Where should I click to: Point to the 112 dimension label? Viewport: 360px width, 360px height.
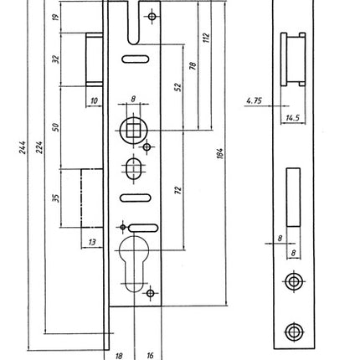pyautogui.click(x=206, y=40)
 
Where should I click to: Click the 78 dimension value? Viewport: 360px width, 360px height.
pyautogui.click(x=193, y=65)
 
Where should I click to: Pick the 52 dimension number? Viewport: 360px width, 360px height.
pyautogui.click(x=178, y=86)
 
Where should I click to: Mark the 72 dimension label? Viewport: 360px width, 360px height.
pyautogui.click(x=177, y=190)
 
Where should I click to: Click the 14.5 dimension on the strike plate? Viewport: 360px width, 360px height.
pyautogui.click(x=292, y=119)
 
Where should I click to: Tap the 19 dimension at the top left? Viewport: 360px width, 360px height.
pyautogui.click(x=55, y=17)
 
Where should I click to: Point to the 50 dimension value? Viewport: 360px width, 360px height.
pyautogui.click(x=55, y=126)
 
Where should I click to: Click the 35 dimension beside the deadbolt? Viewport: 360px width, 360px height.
pyautogui.click(x=55, y=198)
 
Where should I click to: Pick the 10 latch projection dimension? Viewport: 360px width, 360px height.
pyautogui.click(x=93, y=100)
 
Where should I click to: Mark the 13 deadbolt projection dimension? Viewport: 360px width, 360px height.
pyautogui.click(x=91, y=242)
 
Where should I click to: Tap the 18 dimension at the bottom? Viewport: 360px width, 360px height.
pyautogui.click(x=118, y=354)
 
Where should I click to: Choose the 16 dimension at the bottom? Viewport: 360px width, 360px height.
pyautogui.click(x=150, y=354)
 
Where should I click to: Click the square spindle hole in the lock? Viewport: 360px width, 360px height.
pyautogui.click(x=132, y=129)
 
